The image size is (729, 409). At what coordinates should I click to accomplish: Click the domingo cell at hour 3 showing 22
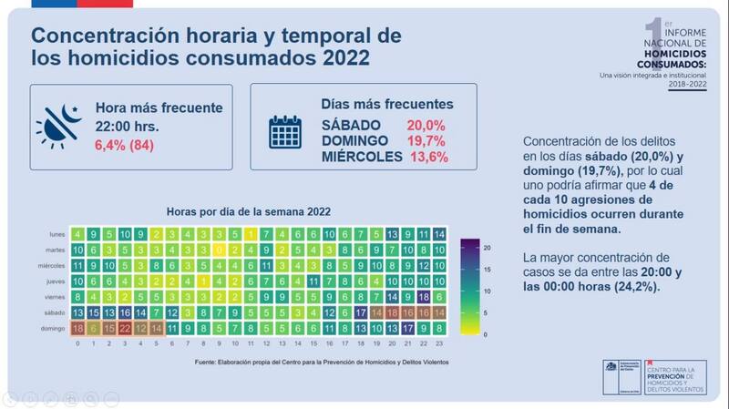[x=125, y=328]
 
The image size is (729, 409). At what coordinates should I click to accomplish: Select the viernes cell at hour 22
[x=424, y=297]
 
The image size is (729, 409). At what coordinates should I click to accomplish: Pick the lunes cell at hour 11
[x=251, y=234]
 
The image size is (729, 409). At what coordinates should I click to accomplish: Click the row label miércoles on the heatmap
[x=51, y=266]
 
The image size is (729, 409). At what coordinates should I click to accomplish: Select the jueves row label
[x=56, y=281]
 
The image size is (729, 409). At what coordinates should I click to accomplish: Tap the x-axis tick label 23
[x=440, y=344]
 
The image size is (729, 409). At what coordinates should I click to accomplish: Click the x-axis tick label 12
[x=267, y=344]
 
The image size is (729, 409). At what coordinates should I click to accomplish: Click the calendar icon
[x=284, y=132]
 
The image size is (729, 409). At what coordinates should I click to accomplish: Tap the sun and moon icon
[x=56, y=127]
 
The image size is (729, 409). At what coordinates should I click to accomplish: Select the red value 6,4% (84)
[x=128, y=143]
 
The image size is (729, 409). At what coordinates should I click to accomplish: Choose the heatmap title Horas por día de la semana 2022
[x=248, y=210]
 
